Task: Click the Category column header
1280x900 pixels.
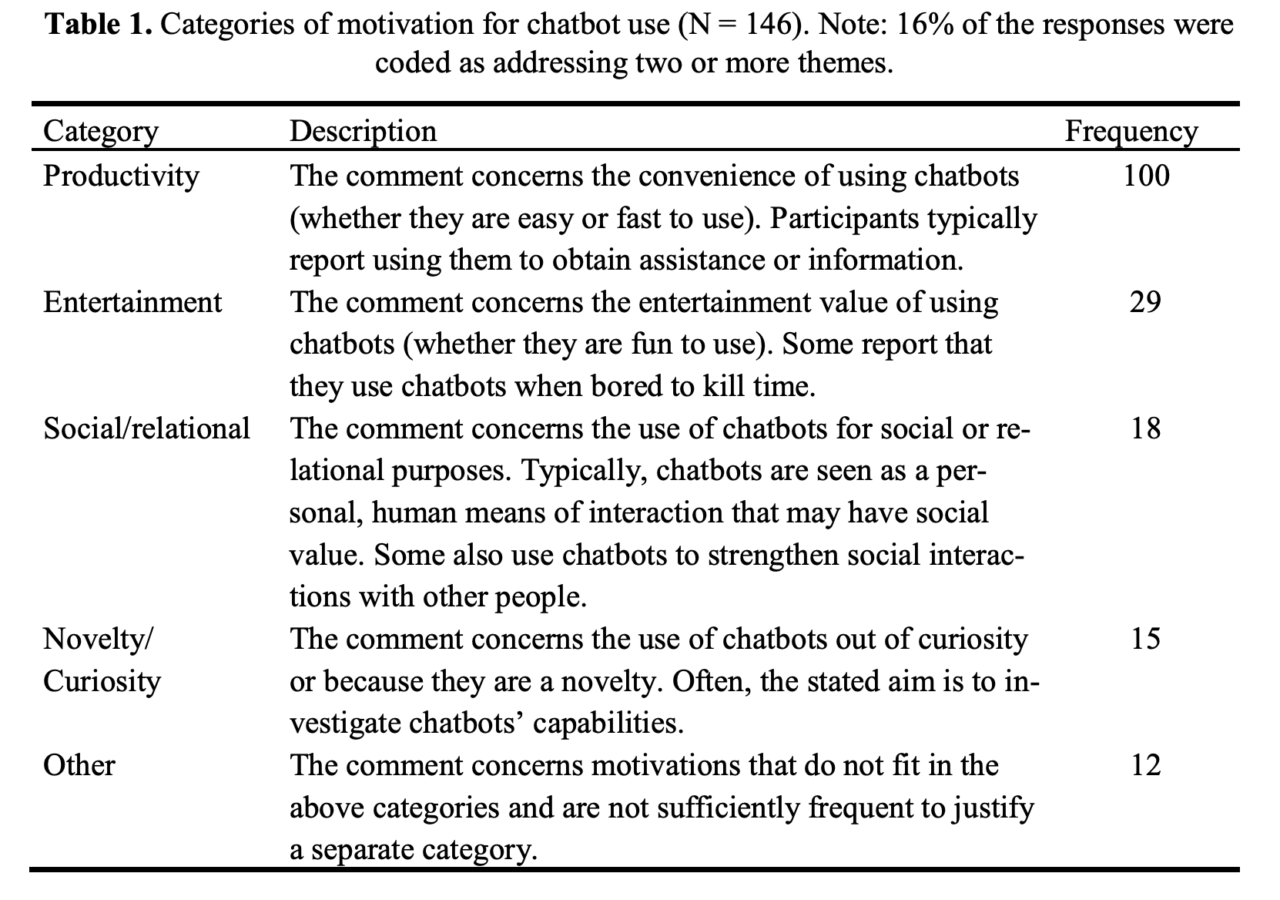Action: (x=100, y=131)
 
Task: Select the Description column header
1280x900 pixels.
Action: (x=363, y=131)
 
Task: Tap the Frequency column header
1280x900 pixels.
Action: (x=1131, y=131)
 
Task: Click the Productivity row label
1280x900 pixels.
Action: (x=121, y=176)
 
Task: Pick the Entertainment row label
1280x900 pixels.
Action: (x=132, y=302)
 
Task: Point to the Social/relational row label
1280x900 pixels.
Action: (x=146, y=428)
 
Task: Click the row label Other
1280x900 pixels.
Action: (x=79, y=765)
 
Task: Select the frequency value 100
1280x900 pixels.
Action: (x=1145, y=176)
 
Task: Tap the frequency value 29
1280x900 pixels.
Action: (x=1145, y=302)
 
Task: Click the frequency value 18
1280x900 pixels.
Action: (x=1145, y=428)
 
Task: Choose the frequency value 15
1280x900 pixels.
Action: (x=1145, y=639)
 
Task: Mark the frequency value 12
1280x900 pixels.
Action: (x=1145, y=765)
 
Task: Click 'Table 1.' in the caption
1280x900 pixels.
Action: (x=99, y=25)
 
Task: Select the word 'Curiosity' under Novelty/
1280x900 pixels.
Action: (x=102, y=681)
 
